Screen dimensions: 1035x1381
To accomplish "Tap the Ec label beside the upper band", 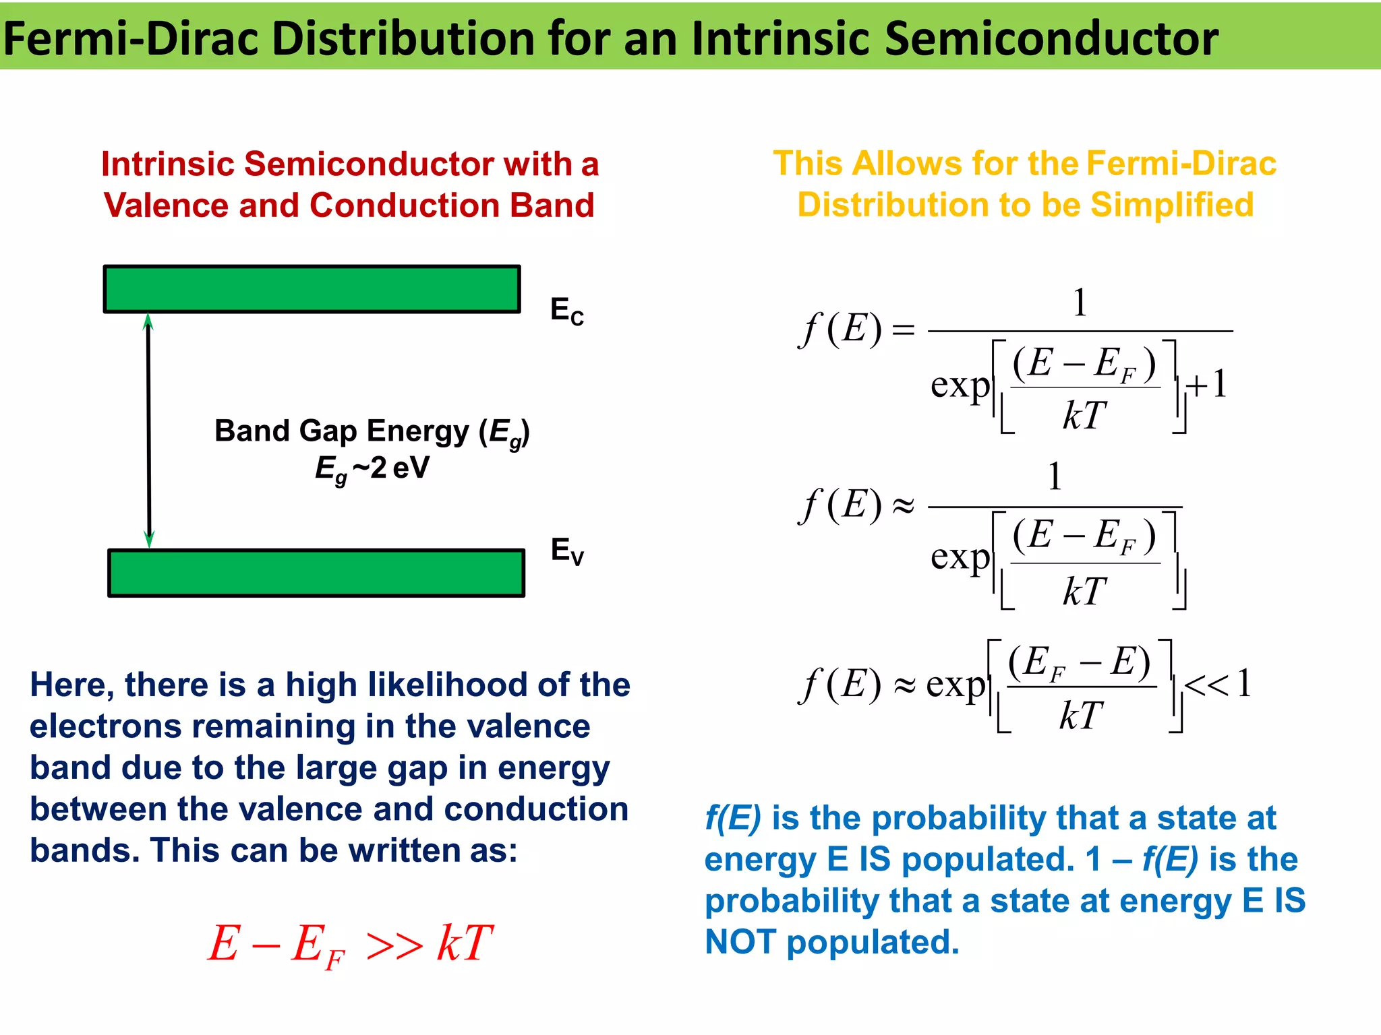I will pos(566,311).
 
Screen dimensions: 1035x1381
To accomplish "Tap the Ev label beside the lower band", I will pos(566,551).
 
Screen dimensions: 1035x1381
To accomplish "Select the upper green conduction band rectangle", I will pos(312,289).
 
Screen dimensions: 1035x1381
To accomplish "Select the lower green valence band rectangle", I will pos(316,573).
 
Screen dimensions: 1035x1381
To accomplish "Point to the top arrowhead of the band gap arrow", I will pos(148,321).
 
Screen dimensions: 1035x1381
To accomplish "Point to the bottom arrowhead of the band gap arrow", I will pos(150,538).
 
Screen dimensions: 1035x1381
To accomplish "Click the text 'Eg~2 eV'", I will pos(372,468).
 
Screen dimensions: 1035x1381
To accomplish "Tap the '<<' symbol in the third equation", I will pos(1207,685).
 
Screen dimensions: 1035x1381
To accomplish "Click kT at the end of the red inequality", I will pos(465,943).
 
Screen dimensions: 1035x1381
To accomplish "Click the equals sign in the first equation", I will pos(904,330).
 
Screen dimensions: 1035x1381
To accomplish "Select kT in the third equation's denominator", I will pos(1081,716).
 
